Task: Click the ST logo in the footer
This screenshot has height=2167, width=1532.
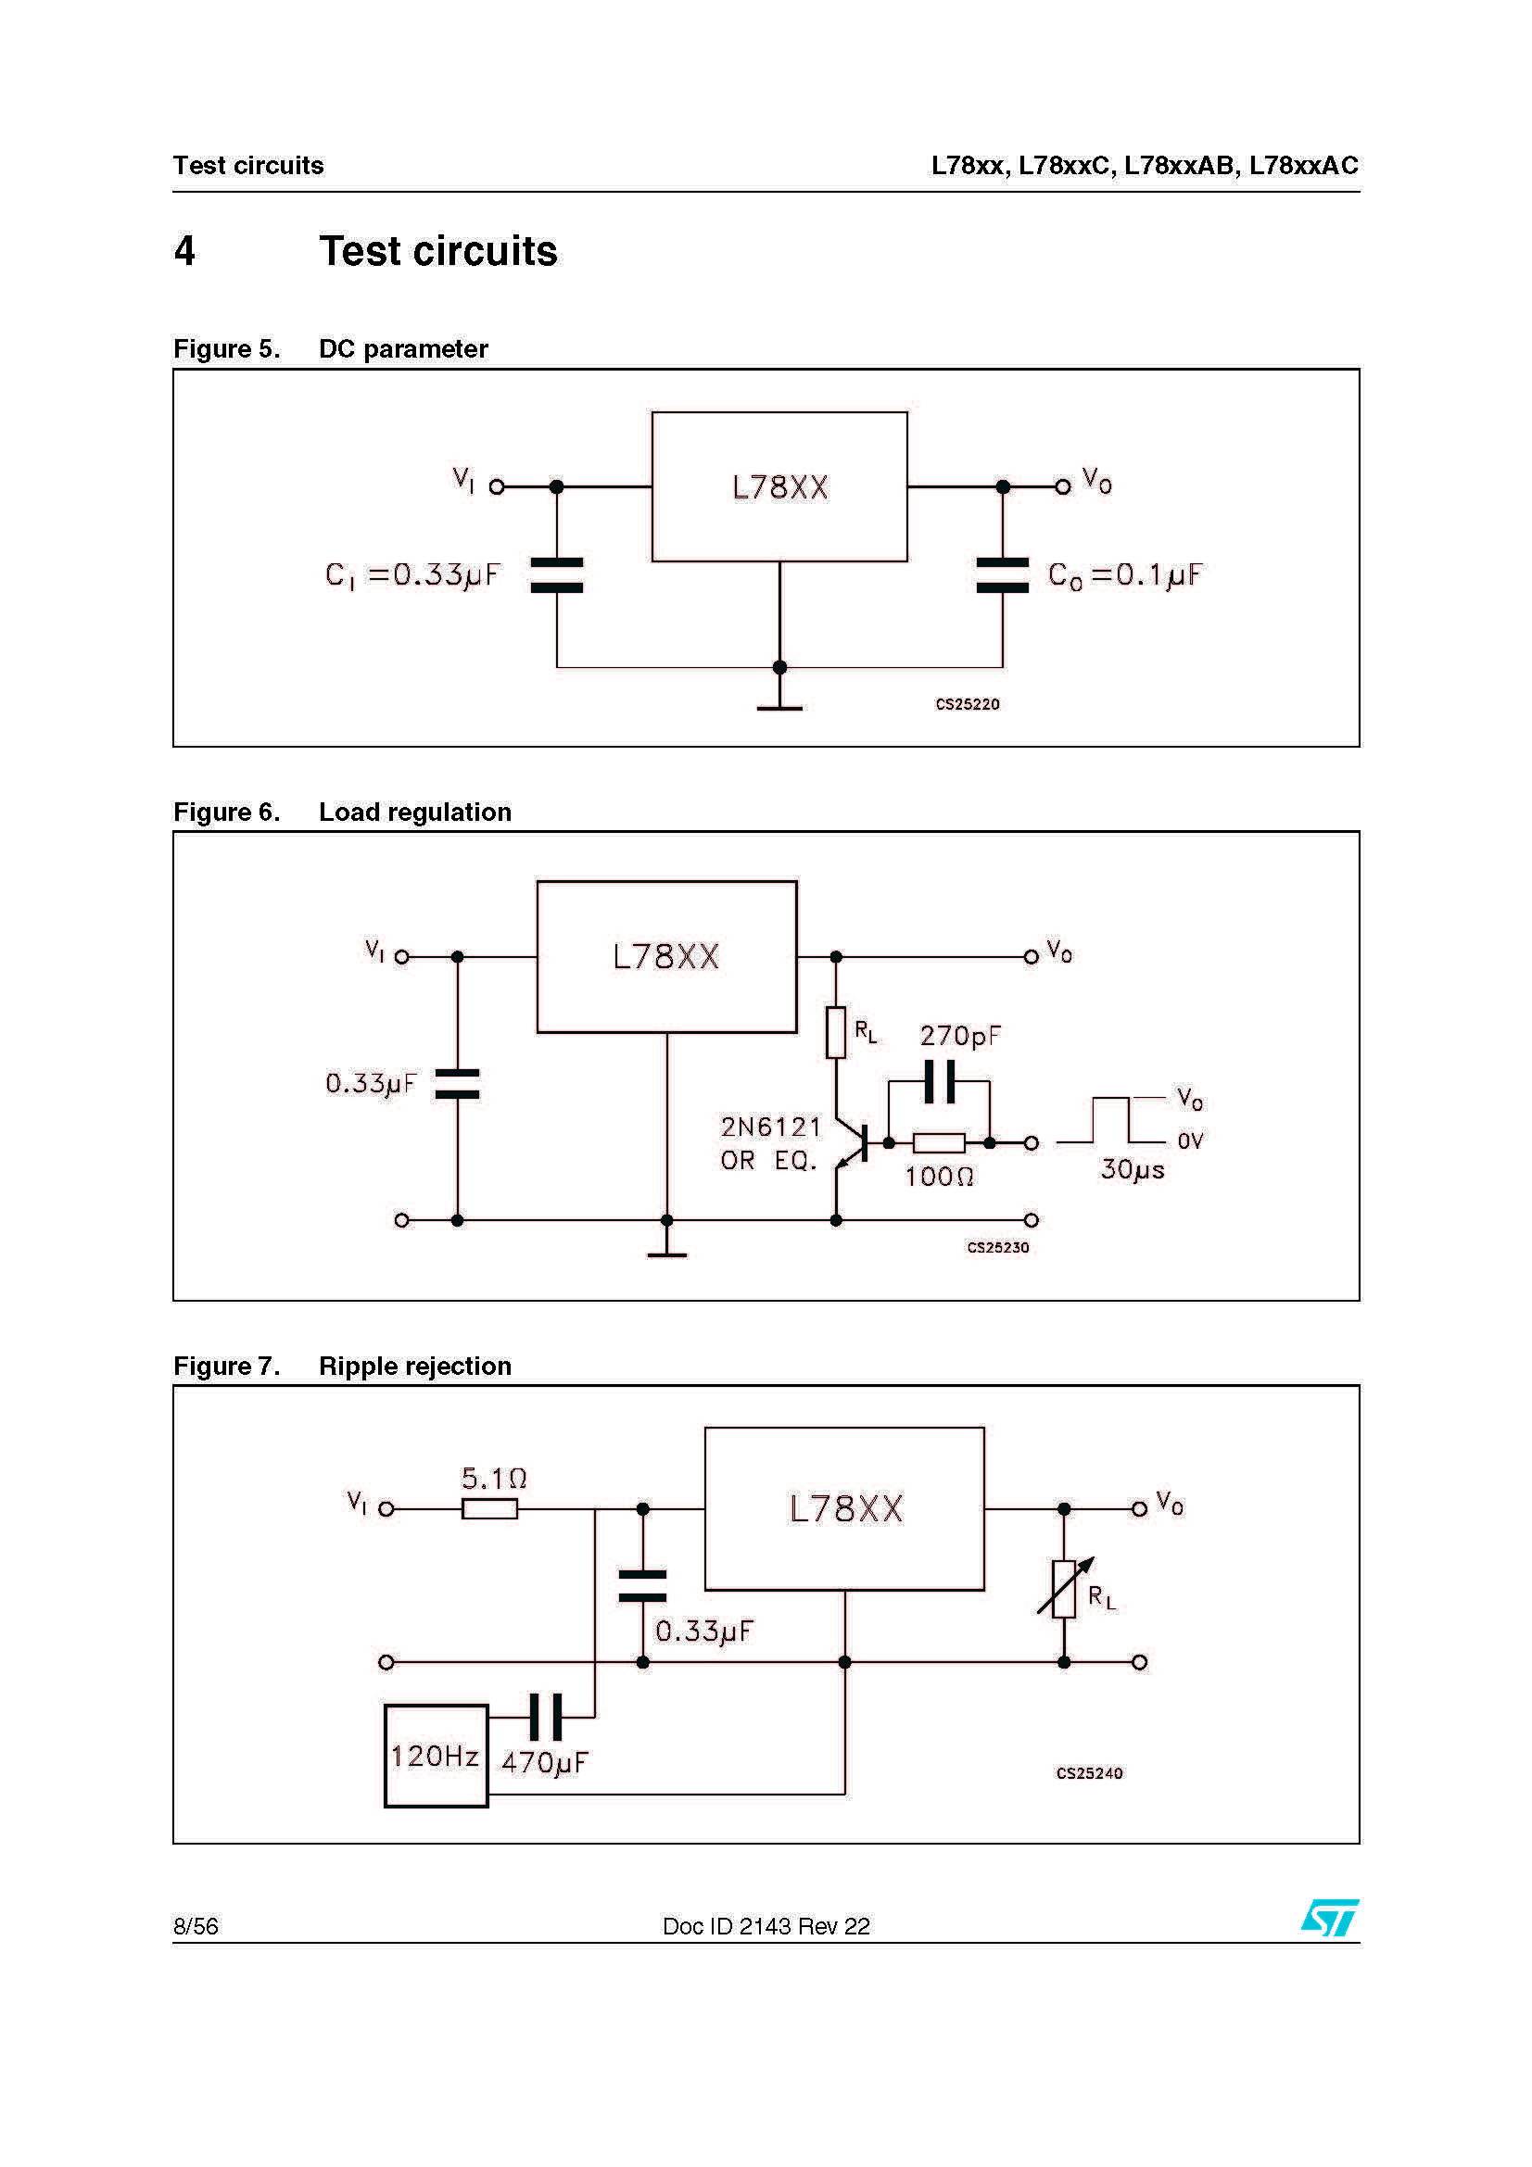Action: pyautogui.click(x=1329, y=1917)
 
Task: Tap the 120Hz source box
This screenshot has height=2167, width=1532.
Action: pyautogui.click(x=436, y=1756)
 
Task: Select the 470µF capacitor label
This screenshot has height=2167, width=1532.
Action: pyautogui.click(x=545, y=1762)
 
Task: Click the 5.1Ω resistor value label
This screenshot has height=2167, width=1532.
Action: pyautogui.click(x=494, y=1478)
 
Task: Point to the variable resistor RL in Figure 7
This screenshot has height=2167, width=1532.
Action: pyautogui.click(x=1064, y=1590)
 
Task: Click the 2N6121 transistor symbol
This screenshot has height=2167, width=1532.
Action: pyautogui.click(x=853, y=1143)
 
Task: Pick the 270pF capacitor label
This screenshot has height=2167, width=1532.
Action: pyautogui.click(x=959, y=1036)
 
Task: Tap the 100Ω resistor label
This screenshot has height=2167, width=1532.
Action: pyautogui.click(x=938, y=1176)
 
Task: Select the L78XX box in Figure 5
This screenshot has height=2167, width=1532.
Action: pyautogui.click(x=779, y=487)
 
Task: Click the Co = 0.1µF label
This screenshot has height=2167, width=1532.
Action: pyautogui.click(x=1124, y=574)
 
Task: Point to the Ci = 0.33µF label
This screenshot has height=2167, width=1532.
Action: pyautogui.click(x=412, y=574)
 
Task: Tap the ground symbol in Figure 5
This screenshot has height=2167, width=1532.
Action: pyautogui.click(x=779, y=706)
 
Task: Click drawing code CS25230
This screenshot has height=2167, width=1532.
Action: pyautogui.click(x=997, y=1248)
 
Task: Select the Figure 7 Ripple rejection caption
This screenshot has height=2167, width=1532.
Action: pyautogui.click(x=342, y=1366)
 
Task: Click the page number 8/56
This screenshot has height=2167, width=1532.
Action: pyautogui.click(x=196, y=1926)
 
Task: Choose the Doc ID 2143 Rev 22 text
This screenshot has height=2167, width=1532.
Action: pyautogui.click(x=766, y=1926)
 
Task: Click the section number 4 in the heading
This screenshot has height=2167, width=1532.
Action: pyautogui.click(x=184, y=251)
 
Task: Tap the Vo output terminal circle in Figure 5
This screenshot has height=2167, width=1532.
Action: pyautogui.click(x=1063, y=487)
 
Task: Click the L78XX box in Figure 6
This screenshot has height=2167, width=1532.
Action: pyautogui.click(x=665, y=956)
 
